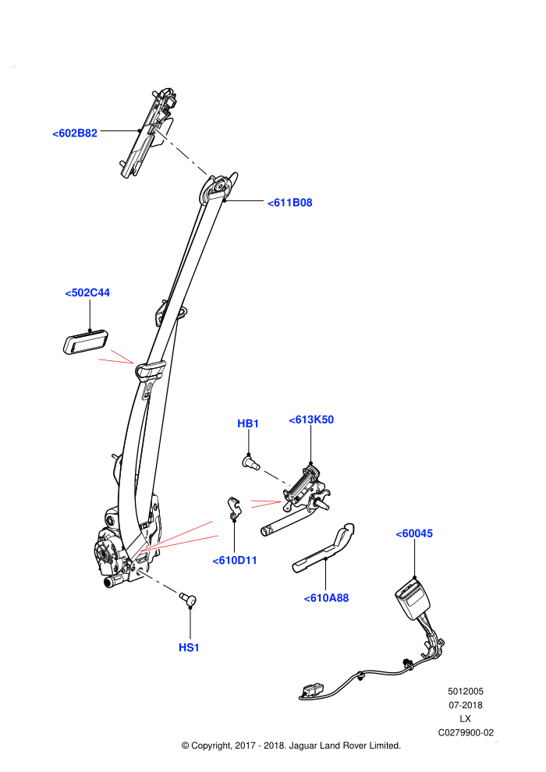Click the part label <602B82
(75, 133)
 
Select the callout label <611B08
(289, 203)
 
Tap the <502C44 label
(87, 293)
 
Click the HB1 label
(248, 424)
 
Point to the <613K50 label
(311, 420)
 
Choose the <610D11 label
(234, 561)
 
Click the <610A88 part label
(326, 598)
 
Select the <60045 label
(414, 533)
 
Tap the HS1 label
(189, 648)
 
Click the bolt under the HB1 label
(252, 462)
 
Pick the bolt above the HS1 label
(187, 599)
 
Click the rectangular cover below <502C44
(86, 342)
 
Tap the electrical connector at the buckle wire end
(310, 690)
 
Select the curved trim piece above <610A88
(324, 548)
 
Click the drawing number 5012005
(466, 692)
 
